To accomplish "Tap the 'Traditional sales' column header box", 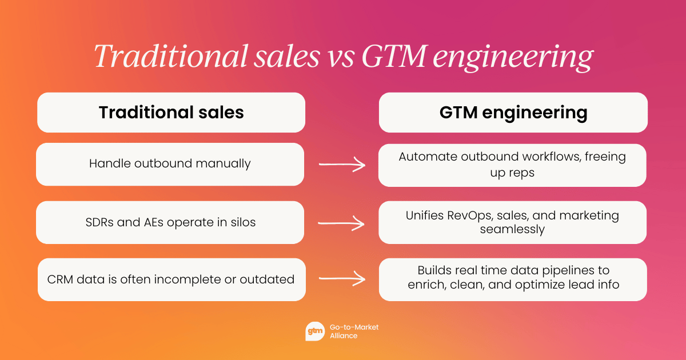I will pyautogui.click(x=171, y=113).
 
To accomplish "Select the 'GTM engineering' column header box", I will pyautogui.click(x=513, y=113).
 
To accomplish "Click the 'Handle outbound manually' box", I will pyautogui.click(x=170, y=164).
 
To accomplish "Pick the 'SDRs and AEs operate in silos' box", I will pyautogui.click(x=170, y=222).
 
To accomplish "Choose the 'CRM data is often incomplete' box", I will pyautogui.click(x=171, y=279).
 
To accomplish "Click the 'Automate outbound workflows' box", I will pyautogui.click(x=512, y=165).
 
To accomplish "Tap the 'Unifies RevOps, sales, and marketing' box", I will pyautogui.click(x=512, y=222).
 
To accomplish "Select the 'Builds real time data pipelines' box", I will pyautogui.click(x=512, y=279).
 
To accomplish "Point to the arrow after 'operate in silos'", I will pyautogui.click(x=341, y=223).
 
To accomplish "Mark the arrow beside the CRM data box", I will pyautogui.click(x=341, y=279).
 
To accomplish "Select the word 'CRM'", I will pyautogui.click(x=61, y=279).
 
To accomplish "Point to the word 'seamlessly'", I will pyautogui.click(x=512, y=229).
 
